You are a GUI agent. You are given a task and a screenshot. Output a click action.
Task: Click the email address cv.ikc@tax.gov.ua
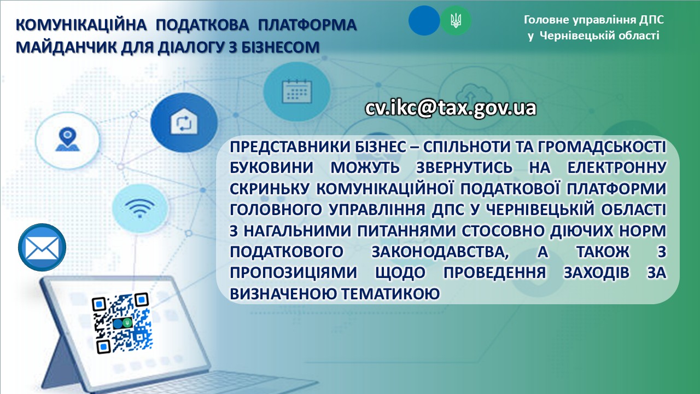click(x=451, y=108)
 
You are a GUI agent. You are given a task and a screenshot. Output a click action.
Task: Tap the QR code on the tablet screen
click(x=121, y=323)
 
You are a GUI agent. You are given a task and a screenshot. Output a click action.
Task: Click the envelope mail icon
click(x=42, y=247)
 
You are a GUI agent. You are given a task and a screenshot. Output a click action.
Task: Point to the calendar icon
click(x=297, y=91)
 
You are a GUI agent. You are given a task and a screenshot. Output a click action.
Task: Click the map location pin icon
click(x=67, y=140)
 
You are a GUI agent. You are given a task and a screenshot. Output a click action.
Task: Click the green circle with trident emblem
click(x=456, y=21)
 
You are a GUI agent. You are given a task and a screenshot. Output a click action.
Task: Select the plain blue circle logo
click(x=424, y=21)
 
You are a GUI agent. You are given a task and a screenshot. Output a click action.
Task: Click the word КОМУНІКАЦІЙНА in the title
click(x=81, y=25)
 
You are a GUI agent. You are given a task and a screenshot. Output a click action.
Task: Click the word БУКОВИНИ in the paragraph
click(x=271, y=167)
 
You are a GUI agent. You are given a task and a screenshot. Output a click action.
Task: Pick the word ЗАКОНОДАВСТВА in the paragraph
click(x=440, y=252)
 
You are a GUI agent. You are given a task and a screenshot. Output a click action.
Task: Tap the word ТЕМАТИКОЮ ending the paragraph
click(x=390, y=294)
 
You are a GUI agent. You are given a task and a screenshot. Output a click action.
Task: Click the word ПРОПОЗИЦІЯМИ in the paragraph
click(x=294, y=273)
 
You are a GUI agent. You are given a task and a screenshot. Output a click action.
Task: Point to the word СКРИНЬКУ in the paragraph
click(x=270, y=189)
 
